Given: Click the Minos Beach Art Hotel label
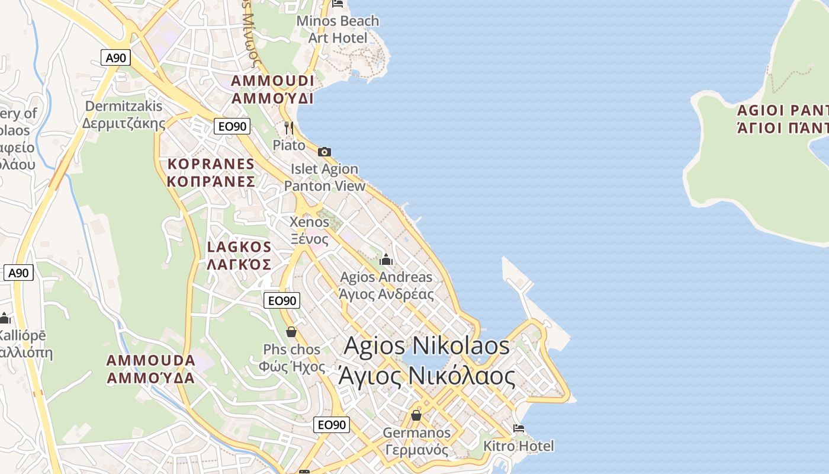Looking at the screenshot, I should tap(338, 29).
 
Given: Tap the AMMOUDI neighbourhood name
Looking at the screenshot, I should tap(272, 89).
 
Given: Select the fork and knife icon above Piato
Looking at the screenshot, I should tap(289, 127).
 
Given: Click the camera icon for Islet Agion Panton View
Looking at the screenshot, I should tap(324, 152).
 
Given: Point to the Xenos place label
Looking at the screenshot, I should tap(309, 230).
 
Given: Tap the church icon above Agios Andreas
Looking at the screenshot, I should tap(386, 260).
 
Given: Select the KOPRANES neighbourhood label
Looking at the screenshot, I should tap(211, 172).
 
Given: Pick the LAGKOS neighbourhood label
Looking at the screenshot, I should tap(239, 255).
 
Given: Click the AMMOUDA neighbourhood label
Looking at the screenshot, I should tap(151, 369).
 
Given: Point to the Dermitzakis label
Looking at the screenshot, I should tap(124, 114).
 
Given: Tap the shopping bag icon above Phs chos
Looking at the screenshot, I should tap(291, 332).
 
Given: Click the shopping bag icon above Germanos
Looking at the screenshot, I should tap(416, 415).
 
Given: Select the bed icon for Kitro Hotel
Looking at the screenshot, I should tap(519, 428).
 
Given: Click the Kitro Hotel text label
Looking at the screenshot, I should tap(519, 446).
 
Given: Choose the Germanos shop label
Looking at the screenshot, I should tap(417, 441).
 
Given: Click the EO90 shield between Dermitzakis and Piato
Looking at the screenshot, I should tap(232, 126).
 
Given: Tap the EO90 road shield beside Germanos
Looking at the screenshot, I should tap(331, 424).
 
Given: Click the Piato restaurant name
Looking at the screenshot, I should tap(289, 145).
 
